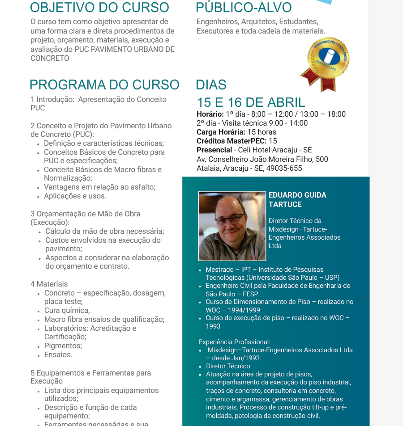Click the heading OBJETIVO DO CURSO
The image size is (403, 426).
pyautogui.click(x=99, y=8)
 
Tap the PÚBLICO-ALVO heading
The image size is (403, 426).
pyautogui.click(x=244, y=8)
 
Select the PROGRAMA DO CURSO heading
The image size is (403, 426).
pyautogui.click(x=104, y=84)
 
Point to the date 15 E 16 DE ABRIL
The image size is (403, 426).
pyautogui.click(x=251, y=102)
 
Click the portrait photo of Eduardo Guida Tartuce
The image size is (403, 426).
pyautogui.click(x=232, y=226)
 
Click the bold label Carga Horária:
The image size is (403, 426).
pyautogui.click(x=221, y=132)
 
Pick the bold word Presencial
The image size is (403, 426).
pyautogui.click(x=214, y=150)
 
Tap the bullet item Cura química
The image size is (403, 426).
pyautogui.click(x=67, y=310)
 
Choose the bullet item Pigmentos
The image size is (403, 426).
pyautogui.click(x=63, y=346)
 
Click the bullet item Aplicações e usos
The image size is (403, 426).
pyautogui.click(x=75, y=196)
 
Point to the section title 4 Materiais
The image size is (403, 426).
pyautogui.click(x=49, y=284)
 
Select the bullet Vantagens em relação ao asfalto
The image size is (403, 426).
pyautogui.click(x=99, y=187)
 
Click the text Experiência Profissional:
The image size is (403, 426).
pyautogui.click(x=235, y=342)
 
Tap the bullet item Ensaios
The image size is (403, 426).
pyautogui.click(x=58, y=354)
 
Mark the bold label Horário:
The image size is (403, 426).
pyautogui.click(x=210, y=114)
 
